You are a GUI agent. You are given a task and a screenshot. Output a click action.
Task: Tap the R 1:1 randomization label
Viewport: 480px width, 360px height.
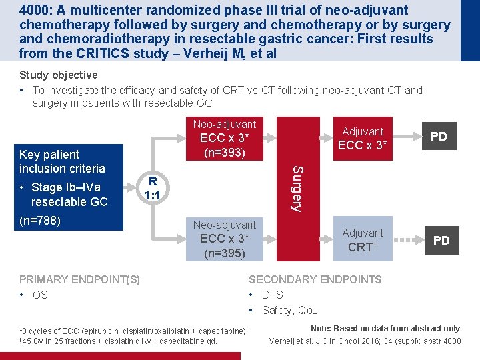(x=153, y=189)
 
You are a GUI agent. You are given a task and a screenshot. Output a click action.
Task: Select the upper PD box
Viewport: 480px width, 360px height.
(x=439, y=137)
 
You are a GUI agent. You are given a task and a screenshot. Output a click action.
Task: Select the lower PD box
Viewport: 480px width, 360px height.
(x=441, y=241)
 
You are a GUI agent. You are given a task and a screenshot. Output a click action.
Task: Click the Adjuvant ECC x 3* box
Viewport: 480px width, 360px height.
(x=363, y=139)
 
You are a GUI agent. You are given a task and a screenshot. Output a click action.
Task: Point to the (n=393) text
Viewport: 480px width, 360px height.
(x=224, y=153)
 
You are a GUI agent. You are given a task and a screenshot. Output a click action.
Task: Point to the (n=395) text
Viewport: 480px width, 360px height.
(x=224, y=253)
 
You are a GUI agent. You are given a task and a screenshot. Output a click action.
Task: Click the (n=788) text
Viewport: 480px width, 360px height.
(x=40, y=220)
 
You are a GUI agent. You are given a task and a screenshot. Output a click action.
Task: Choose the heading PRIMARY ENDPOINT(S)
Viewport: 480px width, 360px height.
(x=79, y=279)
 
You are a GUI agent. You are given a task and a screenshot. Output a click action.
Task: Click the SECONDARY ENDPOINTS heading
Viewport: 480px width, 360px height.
(x=315, y=279)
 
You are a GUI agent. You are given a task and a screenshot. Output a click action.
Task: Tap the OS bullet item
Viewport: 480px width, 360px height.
(x=40, y=295)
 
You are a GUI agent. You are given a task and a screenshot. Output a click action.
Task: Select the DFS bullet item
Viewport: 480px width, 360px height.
(x=272, y=295)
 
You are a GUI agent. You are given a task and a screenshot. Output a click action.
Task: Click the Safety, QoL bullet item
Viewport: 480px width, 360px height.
(x=289, y=310)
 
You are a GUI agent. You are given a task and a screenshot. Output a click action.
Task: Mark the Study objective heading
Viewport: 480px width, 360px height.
(x=59, y=75)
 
